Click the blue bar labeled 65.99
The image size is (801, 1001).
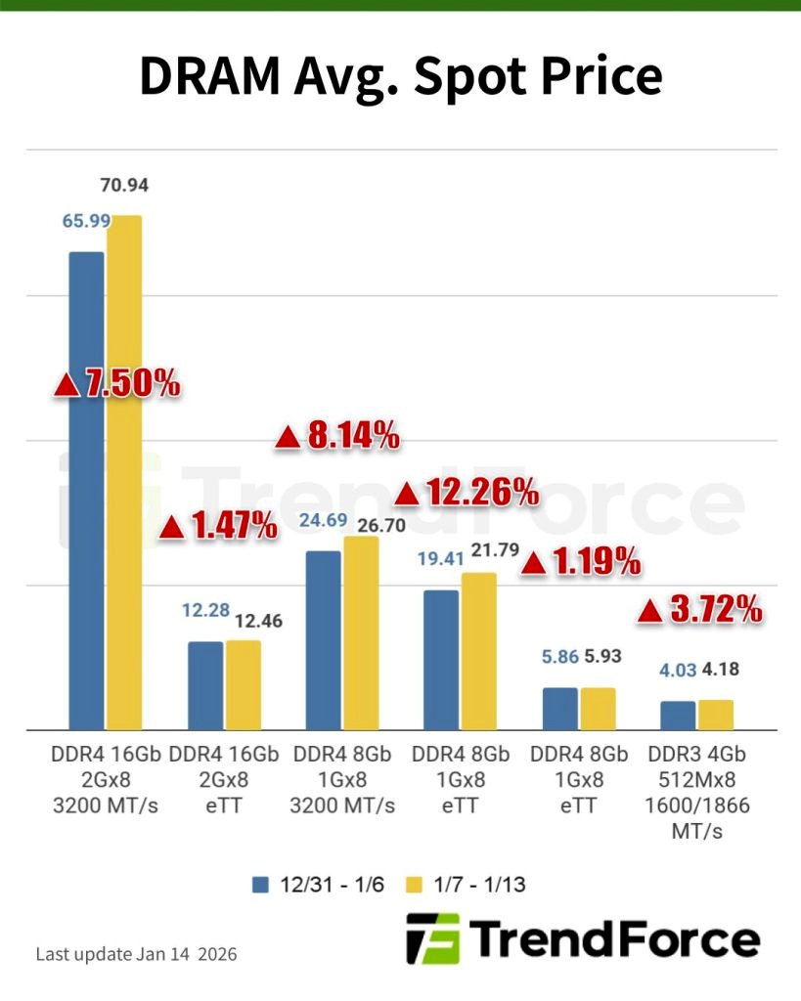point(86,489)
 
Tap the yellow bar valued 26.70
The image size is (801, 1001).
point(361,631)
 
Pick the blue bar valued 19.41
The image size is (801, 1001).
point(441,659)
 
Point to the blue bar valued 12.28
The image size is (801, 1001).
point(205,684)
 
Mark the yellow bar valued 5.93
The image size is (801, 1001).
point(598,708)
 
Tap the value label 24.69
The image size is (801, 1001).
point(324,520)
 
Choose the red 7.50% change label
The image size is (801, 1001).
point(117,384)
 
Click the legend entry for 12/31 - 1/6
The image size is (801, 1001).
point(318,885)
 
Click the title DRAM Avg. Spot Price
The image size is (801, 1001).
point(400,75)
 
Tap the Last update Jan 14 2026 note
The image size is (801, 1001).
point(136,953)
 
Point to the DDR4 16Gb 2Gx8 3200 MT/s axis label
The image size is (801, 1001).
point(106,780)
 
